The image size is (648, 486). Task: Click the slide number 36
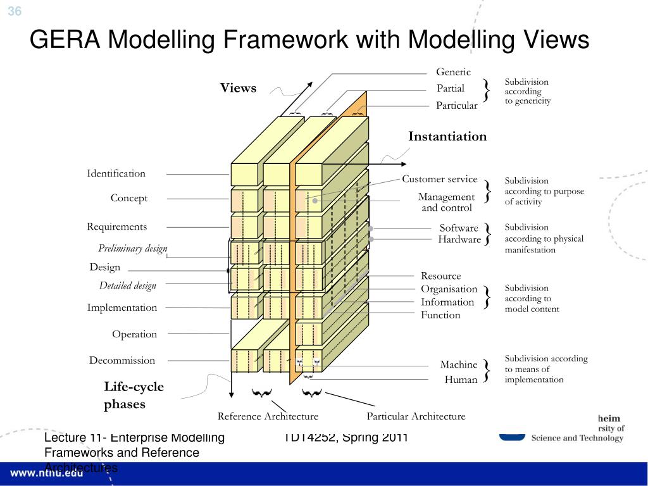coord(15,11)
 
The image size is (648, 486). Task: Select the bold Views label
coord(238,88)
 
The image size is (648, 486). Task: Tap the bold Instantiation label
coord(447,137)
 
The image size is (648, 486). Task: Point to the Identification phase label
coord(116,173)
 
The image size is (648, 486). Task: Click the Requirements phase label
coord(116,227)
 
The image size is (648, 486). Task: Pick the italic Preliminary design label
coord(133,248)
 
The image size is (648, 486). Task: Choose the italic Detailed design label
coord(127,286)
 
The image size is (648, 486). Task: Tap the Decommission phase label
coord(121,361)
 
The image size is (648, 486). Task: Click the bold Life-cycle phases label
coord(134,395)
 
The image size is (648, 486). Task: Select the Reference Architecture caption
coord(268,416)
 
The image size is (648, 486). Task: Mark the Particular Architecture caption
coord(416,416)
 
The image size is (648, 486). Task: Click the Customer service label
coord(440,179)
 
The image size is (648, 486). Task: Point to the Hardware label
coord(459,239)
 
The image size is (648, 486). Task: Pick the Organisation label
coord(449,289)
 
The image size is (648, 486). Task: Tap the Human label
coord(461,380)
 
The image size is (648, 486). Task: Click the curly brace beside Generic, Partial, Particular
coord(487,89)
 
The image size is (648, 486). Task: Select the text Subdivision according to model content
coord(532,299)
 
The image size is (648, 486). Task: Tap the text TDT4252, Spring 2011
coord(346,437)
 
